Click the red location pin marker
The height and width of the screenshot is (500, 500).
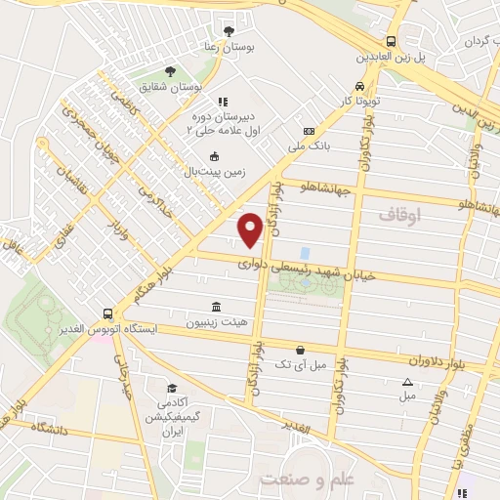point(250,229)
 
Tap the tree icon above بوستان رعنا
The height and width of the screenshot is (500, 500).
point(229,30)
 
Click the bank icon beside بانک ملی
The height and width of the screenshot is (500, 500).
point(310,132)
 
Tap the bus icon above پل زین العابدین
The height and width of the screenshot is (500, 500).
point(391,41)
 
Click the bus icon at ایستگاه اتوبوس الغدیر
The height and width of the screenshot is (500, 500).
point(106,314)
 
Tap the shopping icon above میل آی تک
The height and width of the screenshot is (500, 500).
point(299,350)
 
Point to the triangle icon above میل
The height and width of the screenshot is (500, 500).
point(407,382)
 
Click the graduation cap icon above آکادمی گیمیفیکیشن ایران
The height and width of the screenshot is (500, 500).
point(172,388)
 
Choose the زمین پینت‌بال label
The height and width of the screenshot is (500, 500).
point(215,172)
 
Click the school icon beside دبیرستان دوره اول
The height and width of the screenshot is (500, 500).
point(223,102)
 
